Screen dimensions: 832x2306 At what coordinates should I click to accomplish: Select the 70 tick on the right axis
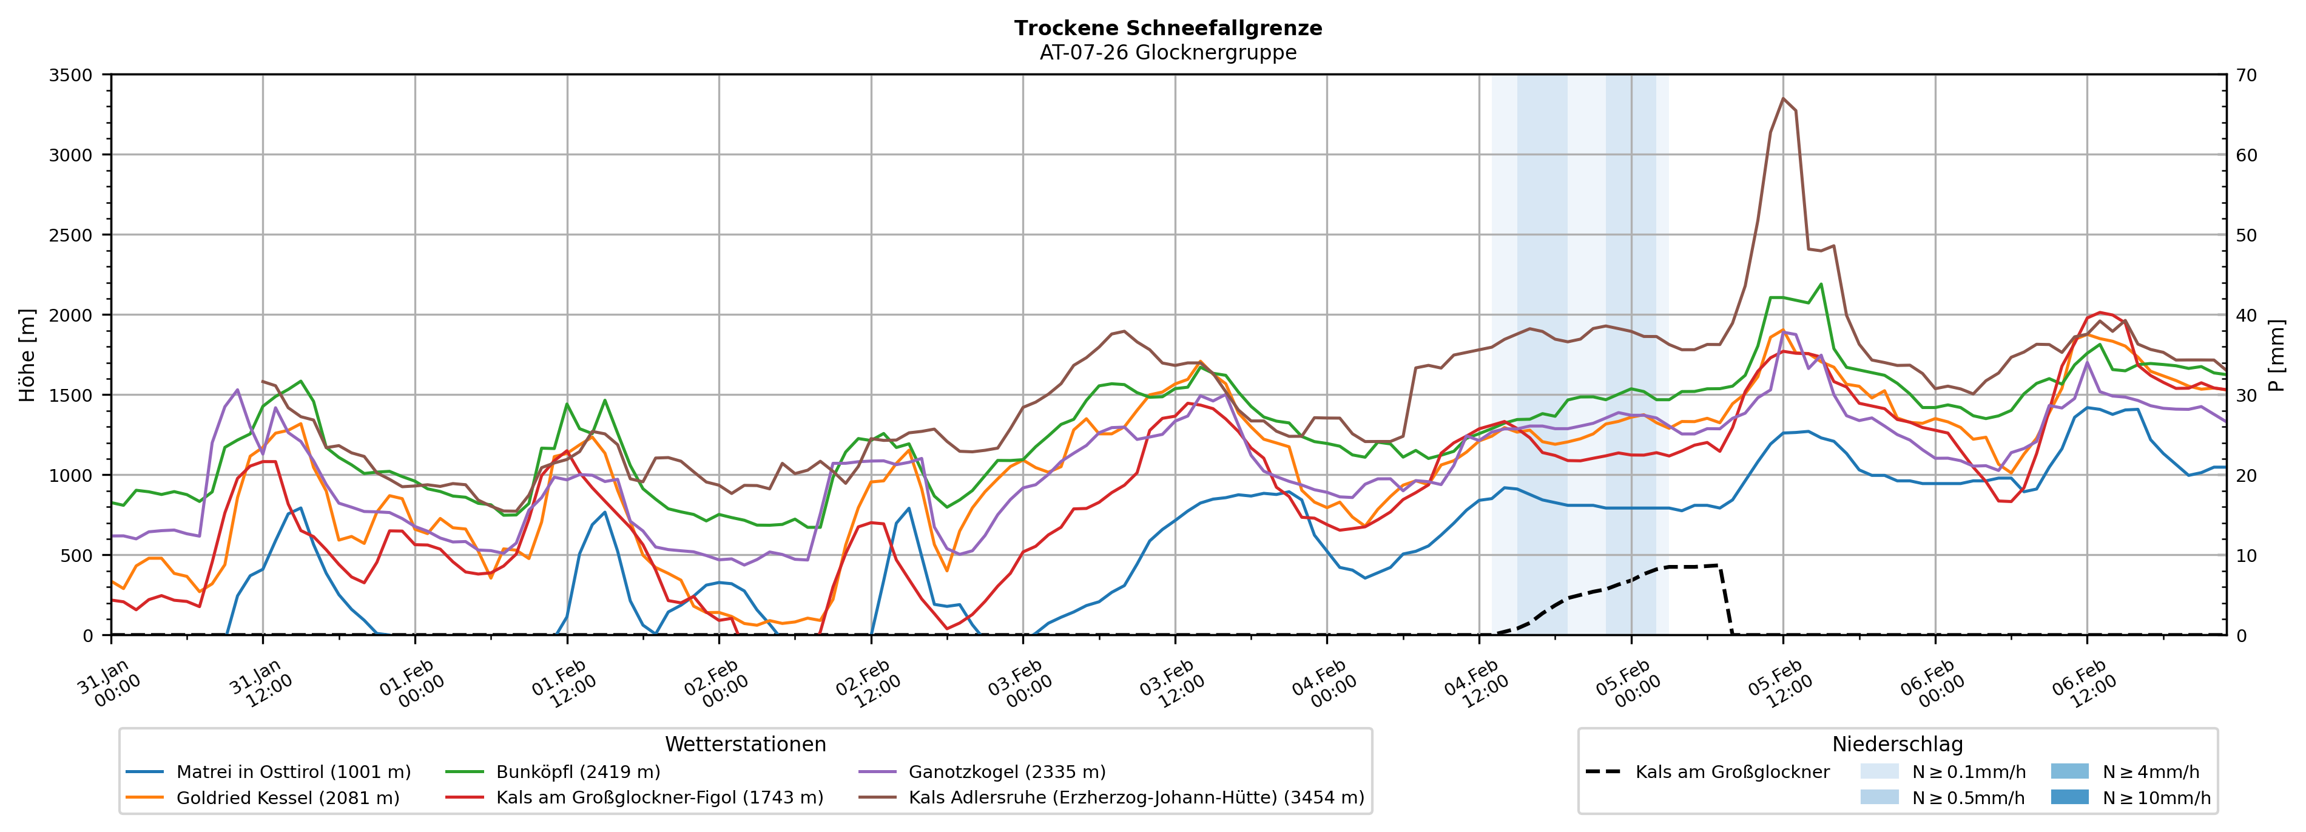click(x=2246, y=75)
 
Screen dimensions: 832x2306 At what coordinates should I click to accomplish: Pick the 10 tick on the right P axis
click(x=2246, y=555)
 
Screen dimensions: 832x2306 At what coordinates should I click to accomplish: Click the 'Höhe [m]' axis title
click(x=27, y=354)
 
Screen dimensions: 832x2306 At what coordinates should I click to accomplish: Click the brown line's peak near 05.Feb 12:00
click(x=1782, y=98)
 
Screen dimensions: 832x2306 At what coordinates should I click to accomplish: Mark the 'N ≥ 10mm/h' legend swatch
click(x=2069, y=797)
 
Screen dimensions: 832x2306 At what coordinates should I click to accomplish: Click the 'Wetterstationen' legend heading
click(x=745, y=744)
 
